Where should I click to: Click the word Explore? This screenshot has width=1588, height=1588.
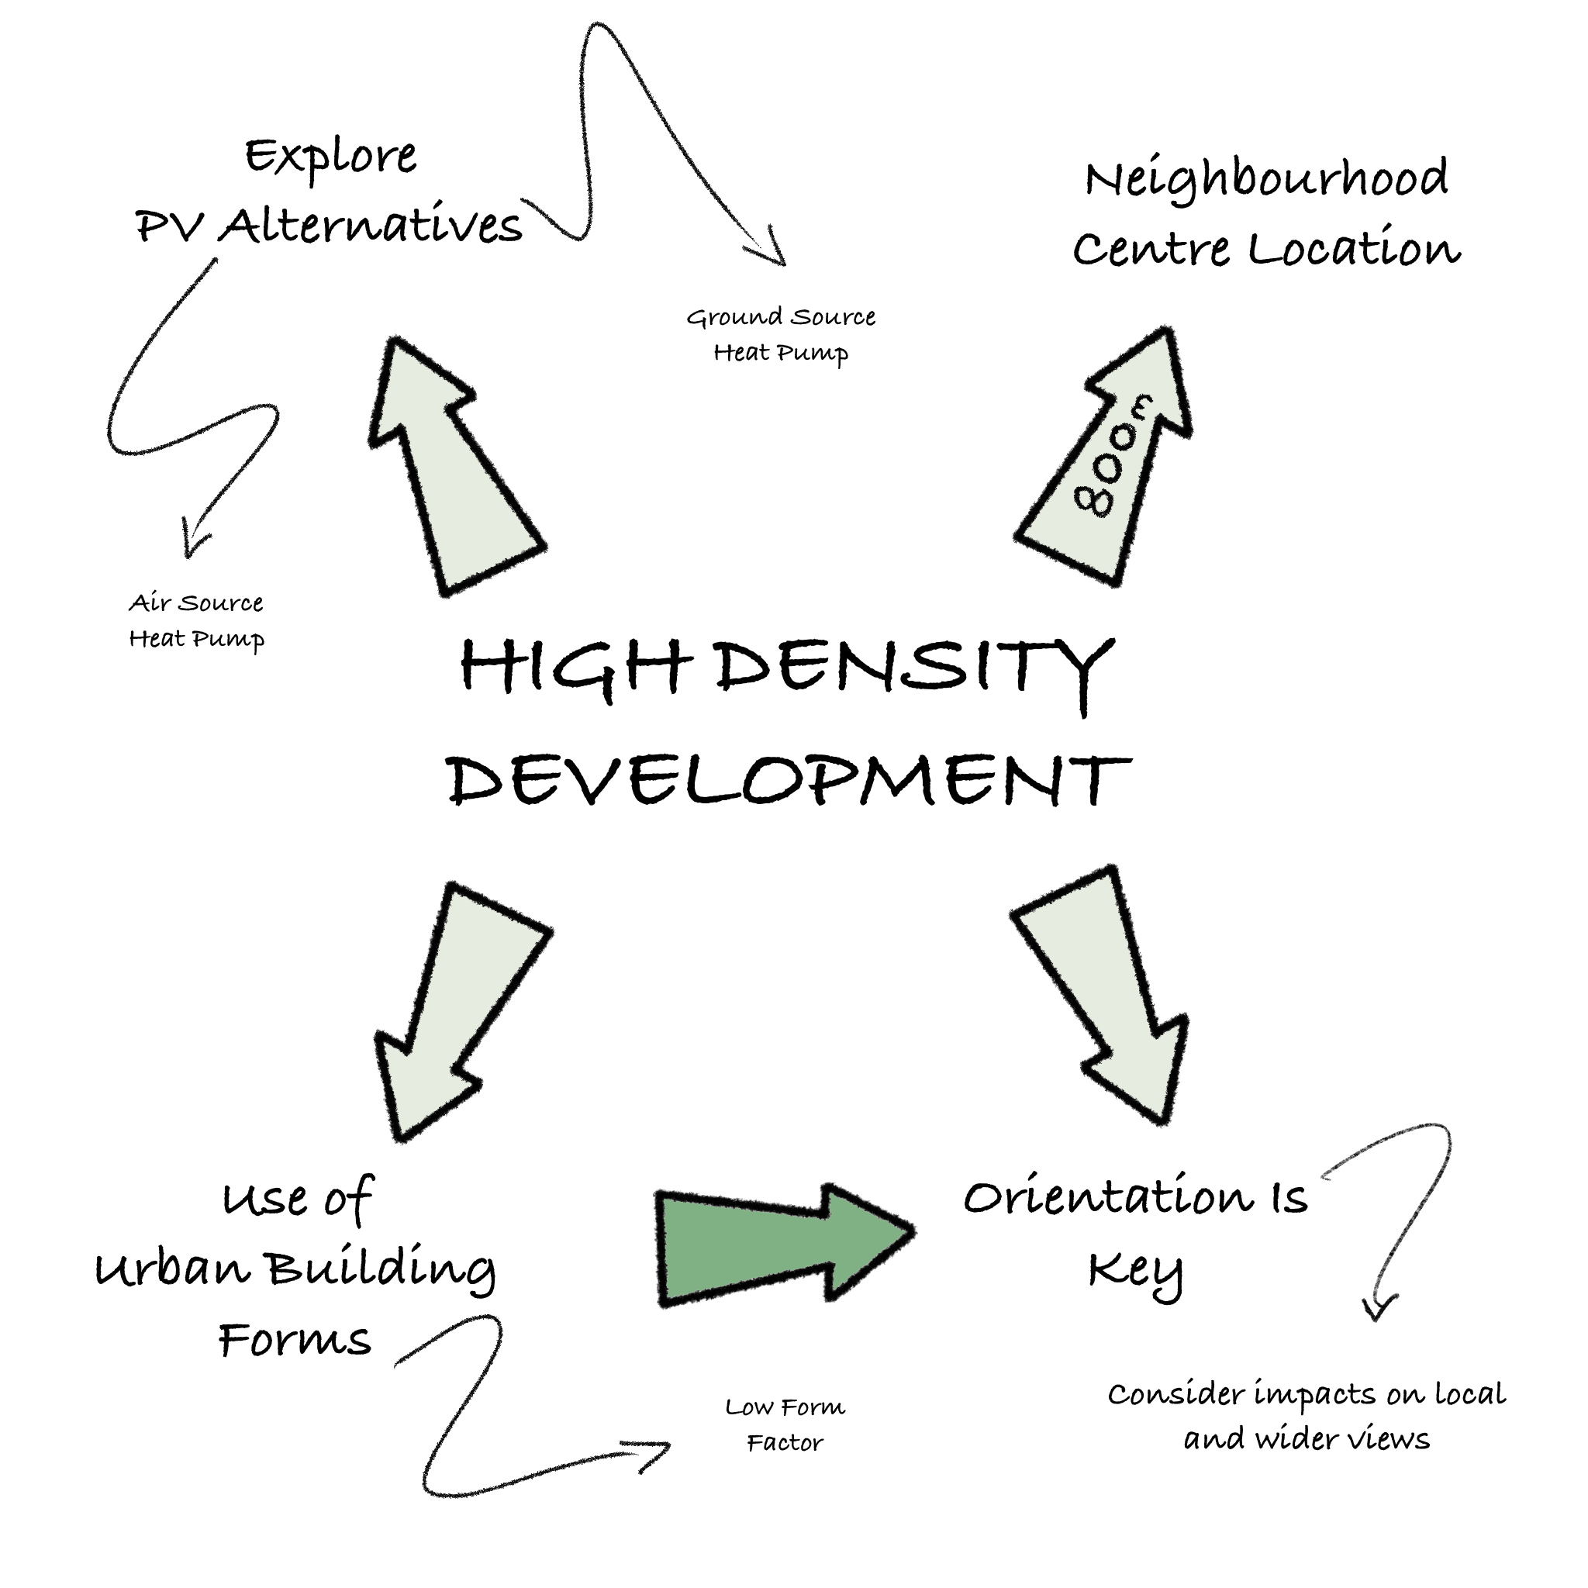click(331, 156)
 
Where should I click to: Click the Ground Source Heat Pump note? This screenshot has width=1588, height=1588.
click(781, 334)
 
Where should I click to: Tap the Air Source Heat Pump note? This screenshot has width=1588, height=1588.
click(196, 621)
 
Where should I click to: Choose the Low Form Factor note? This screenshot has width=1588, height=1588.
click(785, 1424)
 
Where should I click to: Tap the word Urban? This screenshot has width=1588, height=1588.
click(173, 1269)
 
